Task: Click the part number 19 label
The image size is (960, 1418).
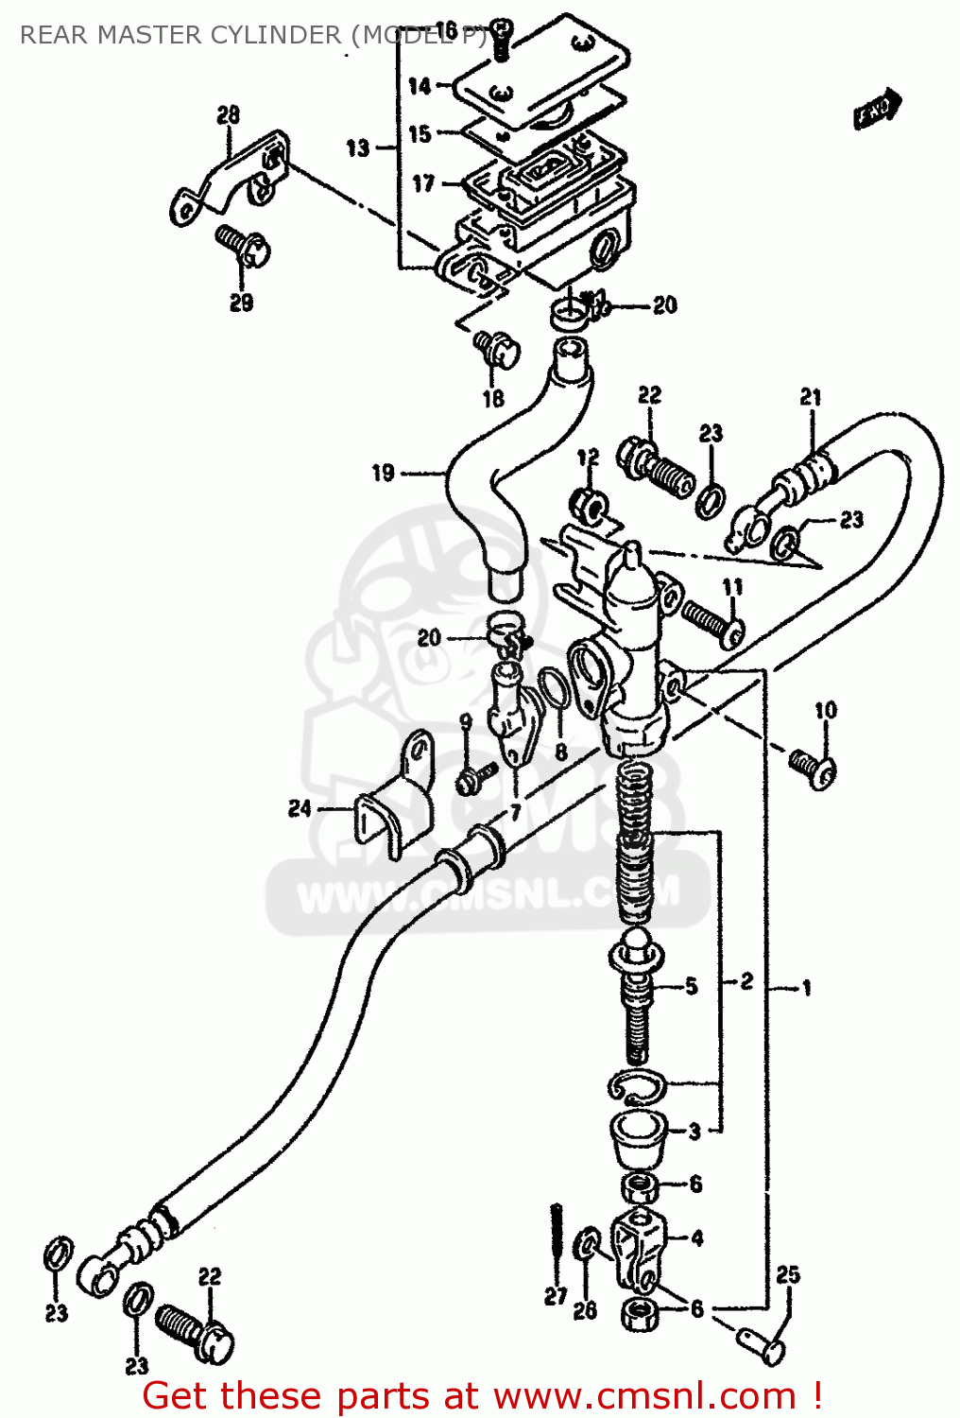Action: [x=383, y=473]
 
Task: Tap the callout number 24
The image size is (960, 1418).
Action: [x=300, y=808]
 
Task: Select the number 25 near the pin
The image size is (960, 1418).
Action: [x=788, y=1275]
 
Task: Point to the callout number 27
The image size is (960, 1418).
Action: [x=556, y=1297]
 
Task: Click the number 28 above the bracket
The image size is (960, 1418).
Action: [x=229, y=115]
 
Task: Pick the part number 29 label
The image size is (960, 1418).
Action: [x=241, y=303]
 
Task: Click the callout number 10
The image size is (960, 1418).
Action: [x=826, y=710]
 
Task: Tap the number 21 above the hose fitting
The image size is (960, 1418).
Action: [x=811, y=397]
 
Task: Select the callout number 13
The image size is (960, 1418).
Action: [x=358, y=148]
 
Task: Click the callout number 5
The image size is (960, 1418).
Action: [x=692, y=987]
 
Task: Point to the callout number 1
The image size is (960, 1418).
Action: [x=806, y=989]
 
